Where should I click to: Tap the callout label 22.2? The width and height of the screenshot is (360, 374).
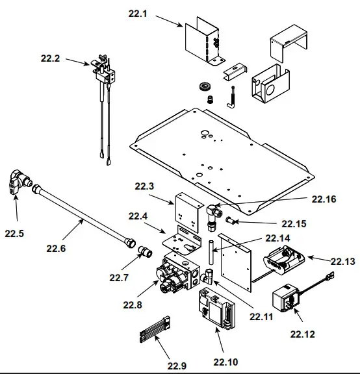click(50, 58)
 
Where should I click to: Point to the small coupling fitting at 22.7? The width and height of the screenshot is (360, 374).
click(144, 251)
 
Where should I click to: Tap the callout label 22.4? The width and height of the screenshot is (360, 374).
click(138, 216)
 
